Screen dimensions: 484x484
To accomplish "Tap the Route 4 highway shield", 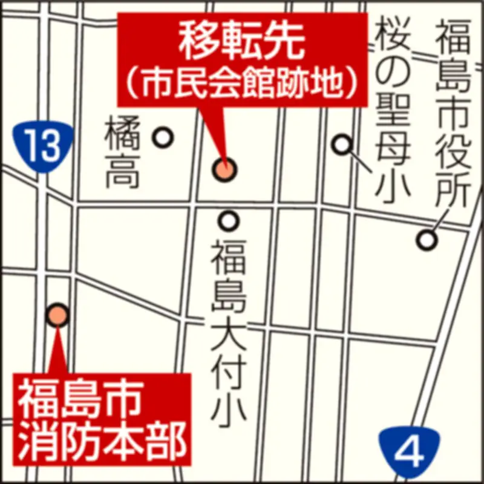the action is (x=411, y=452).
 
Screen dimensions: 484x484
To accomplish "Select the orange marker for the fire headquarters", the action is (x=58, y=314).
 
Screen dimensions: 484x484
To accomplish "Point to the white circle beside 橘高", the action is (x=163, y=138).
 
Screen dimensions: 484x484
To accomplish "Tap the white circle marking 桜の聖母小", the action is (x=343, y=144).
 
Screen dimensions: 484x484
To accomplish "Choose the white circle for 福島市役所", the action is (x=427, y=240).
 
